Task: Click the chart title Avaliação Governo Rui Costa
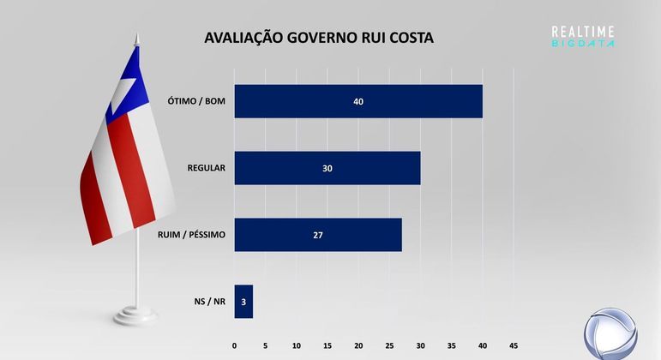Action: pos(318,39)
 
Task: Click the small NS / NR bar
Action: pos(243,302)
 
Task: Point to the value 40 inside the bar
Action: pos(358,101)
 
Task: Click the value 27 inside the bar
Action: pos(317,235)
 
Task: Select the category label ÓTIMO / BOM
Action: pos(196,101)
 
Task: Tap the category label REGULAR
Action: pos(206,168)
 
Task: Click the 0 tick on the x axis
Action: pos(235,346)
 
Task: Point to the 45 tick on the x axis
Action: pos(514,346)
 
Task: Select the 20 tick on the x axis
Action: pos(358,346)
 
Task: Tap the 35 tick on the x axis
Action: pos(452,346)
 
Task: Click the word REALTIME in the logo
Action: pos(583,31)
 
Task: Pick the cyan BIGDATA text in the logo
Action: pos(583,42)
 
